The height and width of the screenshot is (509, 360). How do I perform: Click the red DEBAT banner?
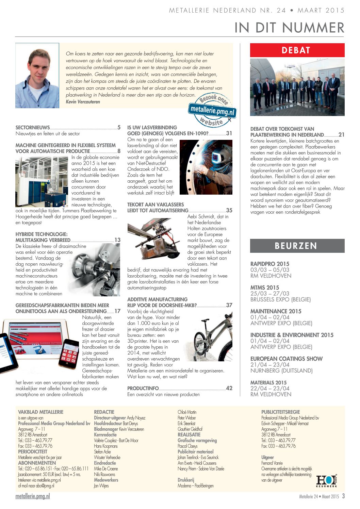[x=297, y=50]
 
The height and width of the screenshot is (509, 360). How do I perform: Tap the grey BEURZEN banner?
[x=297, y=246]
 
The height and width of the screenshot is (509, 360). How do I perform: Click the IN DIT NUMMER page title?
[x=289, y=28]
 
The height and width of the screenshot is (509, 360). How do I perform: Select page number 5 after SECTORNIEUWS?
[x=119, y=128]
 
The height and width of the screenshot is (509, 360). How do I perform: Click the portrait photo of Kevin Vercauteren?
[x=37, y=76]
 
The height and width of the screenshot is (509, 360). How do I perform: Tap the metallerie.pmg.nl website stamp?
[x=212, y=110]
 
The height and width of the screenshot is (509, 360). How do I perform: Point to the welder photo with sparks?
[x=206, y=167]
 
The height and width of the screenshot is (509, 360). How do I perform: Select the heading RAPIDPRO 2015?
[x=269, y=264]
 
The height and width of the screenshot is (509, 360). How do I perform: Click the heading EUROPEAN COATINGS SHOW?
[x=286, y=359]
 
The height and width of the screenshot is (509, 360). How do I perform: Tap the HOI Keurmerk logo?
[x=327, y=481]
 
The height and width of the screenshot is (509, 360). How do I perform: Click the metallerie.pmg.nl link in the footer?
[x=33, y=496]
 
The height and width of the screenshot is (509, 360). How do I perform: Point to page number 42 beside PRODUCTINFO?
[x=229, y=388]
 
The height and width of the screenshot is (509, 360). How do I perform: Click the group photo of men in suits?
[x=297, y=87]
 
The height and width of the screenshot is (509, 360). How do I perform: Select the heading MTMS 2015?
[x=264, y=288]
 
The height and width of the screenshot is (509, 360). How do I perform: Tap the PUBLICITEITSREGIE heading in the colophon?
[x=280, y=412]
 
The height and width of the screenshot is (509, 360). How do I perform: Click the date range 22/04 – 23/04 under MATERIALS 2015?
[x=270, y=388]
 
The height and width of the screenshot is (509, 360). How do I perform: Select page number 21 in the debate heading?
[x=341, y=135]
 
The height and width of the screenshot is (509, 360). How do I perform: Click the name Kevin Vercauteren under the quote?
[x=83, y=102]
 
